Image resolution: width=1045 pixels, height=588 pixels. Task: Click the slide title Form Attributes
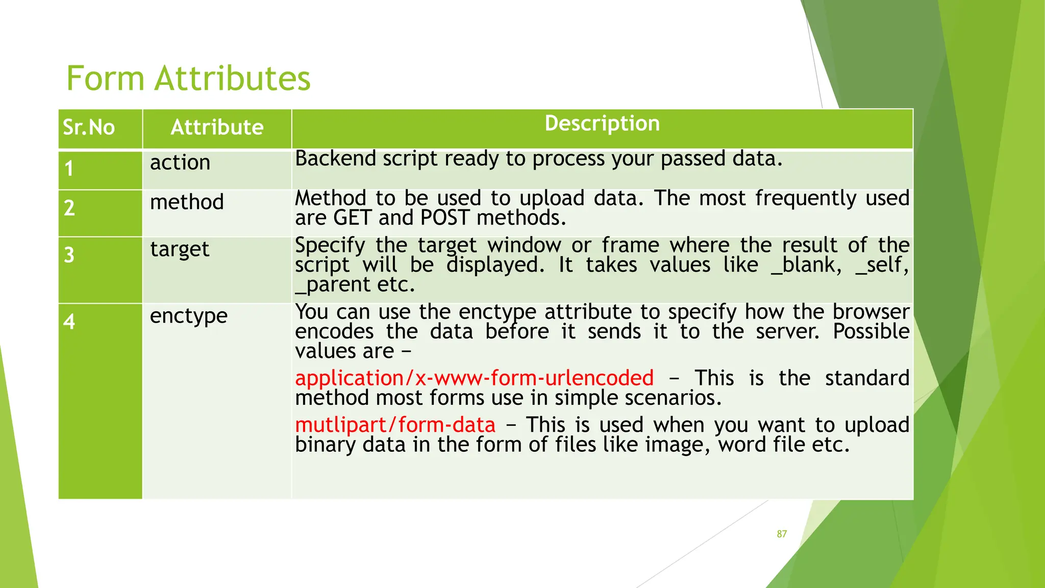click(188, 79)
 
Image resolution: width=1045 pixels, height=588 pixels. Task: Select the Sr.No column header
click(89, 127)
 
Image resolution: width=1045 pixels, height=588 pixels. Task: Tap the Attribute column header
click(217, 127)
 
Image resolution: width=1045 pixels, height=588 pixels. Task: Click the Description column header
click(602, 124)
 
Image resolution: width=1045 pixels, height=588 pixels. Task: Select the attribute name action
click(180, 163)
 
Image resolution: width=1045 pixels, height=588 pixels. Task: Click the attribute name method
click(187, 202)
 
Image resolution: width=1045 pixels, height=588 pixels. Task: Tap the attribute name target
click(180, 250)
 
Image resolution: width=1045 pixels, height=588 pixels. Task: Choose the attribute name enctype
click(189, 316)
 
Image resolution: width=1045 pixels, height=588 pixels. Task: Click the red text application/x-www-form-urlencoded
click(474, 378)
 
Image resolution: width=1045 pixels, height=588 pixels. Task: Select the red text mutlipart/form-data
click(395, 425)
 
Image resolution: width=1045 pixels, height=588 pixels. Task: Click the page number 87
click(782, 534)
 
